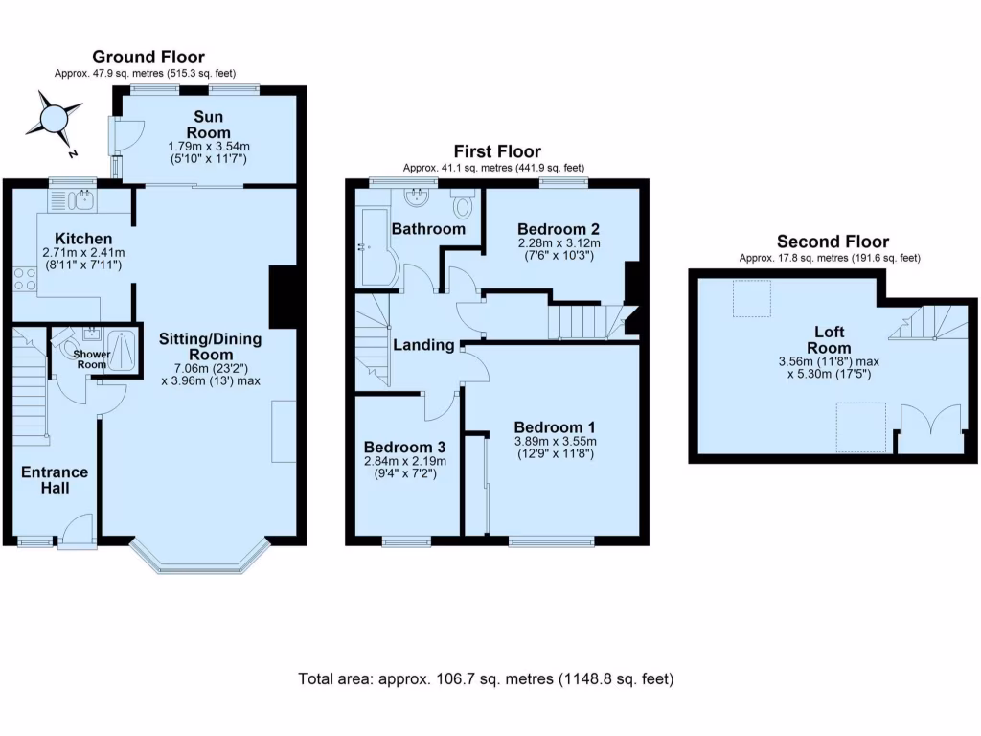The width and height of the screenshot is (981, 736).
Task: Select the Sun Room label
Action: point(207,126)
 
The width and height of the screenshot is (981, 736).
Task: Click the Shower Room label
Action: point(93,358)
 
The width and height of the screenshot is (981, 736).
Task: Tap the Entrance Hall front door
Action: point(77,533)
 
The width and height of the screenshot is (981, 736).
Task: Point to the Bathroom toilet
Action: point(464,205)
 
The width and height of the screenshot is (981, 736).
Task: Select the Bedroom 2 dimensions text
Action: point(559,249)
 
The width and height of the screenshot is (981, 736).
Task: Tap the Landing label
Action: point(423,345)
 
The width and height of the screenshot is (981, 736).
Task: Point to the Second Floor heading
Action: point(832,242)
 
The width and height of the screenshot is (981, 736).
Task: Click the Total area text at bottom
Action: point(486,679)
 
